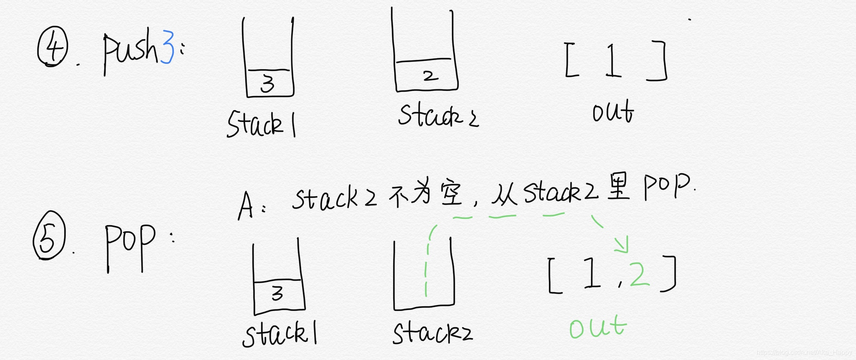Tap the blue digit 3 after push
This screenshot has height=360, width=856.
[167, 47]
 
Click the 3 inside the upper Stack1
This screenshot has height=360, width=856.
[268, 84]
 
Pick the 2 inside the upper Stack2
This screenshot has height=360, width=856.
[430, 76]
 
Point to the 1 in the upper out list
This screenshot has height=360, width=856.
[613, 60]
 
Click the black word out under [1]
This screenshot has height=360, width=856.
[613, 111]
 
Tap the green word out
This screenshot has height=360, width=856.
[598, 327]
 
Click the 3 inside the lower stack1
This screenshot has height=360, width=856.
[278, 294]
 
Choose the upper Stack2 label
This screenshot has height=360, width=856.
[438, 115]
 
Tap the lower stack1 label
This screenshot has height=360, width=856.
[279, 334]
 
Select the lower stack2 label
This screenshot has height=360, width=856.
[432, 333]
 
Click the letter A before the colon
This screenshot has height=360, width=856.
[246, 206]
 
